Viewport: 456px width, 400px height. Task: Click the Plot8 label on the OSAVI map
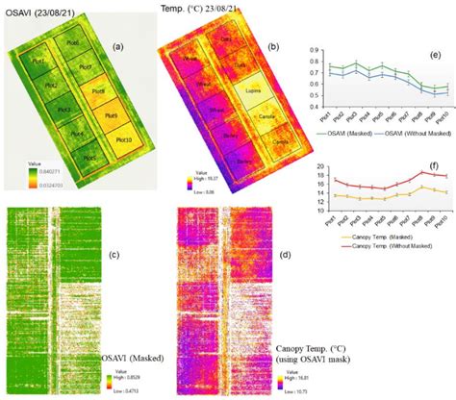(96, 91)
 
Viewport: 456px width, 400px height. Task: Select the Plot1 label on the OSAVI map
(39, 62)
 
